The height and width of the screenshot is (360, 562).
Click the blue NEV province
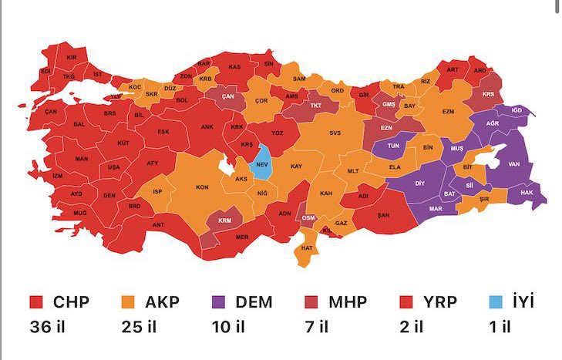tap(261, 163)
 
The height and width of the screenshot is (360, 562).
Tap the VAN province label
tap(513, 163)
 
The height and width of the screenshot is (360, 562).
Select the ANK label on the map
tap(207, 127)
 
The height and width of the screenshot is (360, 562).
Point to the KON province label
tap(202, 187)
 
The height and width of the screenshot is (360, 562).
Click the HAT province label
tap(307, 248)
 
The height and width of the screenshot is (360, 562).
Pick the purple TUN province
tap(393, 145)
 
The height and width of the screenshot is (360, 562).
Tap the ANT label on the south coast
tap(160, 224)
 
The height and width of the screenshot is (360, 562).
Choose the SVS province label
tap(335, 133)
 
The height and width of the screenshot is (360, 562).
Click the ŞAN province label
tap(383, 215)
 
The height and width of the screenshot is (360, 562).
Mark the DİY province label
tap(420, 183)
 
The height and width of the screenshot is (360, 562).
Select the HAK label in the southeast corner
tap(528, 192)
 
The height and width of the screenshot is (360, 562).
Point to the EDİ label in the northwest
tap(45, 72)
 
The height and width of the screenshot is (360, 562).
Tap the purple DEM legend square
tap(219, 301)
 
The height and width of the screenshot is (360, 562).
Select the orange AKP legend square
tap(128, 301)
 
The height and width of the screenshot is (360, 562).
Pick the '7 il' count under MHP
tap(316, 327)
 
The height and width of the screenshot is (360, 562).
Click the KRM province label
tap(225, 220)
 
